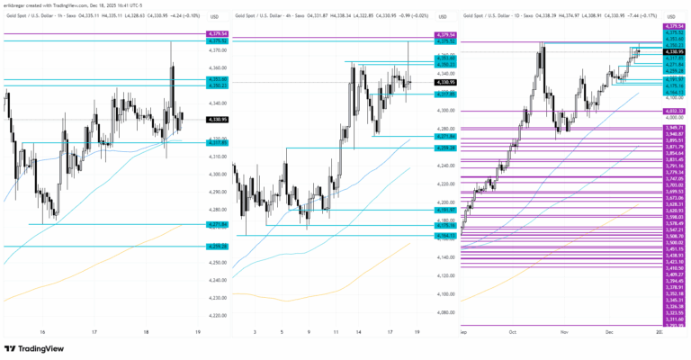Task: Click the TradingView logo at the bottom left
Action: [36, 348]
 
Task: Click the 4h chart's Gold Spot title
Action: [266, 16]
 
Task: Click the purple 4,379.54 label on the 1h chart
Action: [217, 33]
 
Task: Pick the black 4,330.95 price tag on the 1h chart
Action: [217, 119]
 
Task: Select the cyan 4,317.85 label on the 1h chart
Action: [217, 142]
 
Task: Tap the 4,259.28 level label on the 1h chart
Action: [217, 246]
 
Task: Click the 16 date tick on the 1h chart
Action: [41, 332]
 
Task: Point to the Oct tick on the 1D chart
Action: [511, 332]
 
